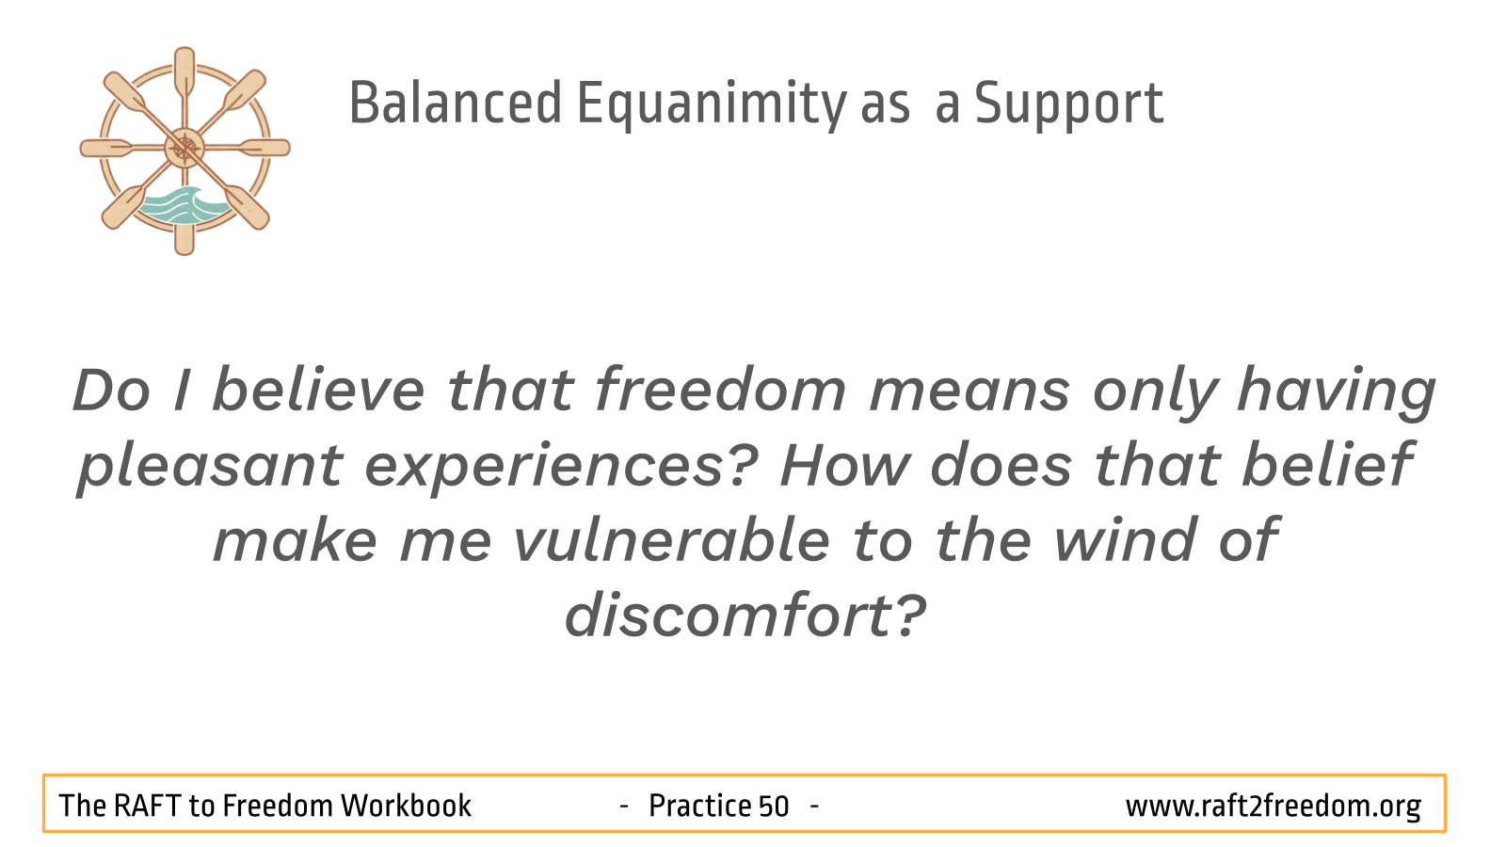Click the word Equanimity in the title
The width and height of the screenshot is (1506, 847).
pyautogui.click(x=712, y=104)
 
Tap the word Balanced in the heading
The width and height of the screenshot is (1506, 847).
pyautogui.click(x=456, y=103)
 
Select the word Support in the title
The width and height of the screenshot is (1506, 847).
pyautogui.click(x=1069, y=104)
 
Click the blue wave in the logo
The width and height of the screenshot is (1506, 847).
pyautogui.click(x=183, y=206)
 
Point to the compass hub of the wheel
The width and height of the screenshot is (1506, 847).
pyautogui.click(x=184, y=148)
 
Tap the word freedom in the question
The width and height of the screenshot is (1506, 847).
pyautogui.click(x=721, y=390)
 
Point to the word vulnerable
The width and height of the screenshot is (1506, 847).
pyautogui.click(x=672, y=540)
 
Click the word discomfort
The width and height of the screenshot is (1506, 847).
pyautogui.click(x=729, y=615)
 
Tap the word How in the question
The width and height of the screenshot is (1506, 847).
pyautogui.click(x=844, y=465)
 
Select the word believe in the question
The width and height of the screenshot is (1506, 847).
pyautogui.click(x=319, y=390)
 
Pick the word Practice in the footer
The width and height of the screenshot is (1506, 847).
pyautogui.click(x=699, y=806)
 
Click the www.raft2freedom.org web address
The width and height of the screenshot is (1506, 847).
pyautogui.click(x=1274, y=807)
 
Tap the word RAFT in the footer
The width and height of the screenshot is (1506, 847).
pyautogui.click(x=147, y=806)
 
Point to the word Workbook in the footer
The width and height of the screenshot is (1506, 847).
pyautogui.click(x=406, y=806)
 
